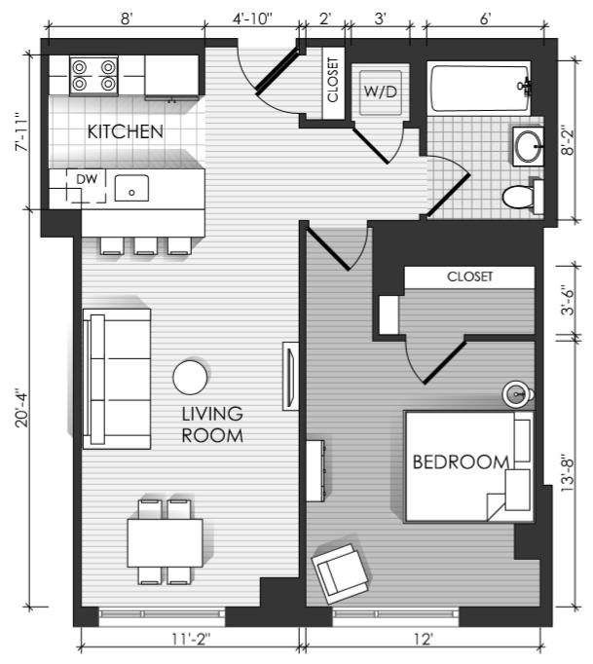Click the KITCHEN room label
point(125,131)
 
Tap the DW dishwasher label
point(87,179)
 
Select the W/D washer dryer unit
point(381,92)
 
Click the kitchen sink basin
point(131,188)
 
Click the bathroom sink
point(528,146)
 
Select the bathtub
point(479,88)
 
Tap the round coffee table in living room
point(191,378)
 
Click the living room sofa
point(117,379)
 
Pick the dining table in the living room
point(165,543)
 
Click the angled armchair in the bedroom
point(340,573)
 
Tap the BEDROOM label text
point(461,462)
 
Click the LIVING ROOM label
point(212,424)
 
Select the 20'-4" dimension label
point(21,408)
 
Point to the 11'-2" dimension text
point(191,639)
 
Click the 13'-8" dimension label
point(567,475)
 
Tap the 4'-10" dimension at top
point(252,19)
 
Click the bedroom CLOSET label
point(469,277)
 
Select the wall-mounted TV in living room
point(290,376)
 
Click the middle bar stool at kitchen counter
point(146,245)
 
